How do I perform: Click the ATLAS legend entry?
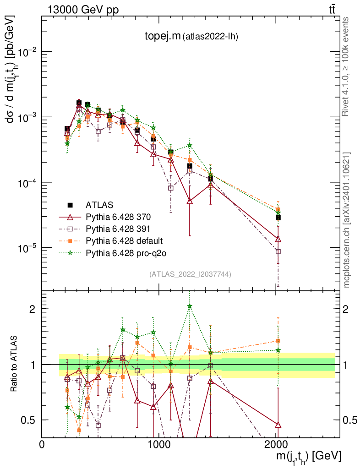[x=99, y=204]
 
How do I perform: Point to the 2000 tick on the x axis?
[x=276, y=444]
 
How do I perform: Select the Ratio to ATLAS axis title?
[x=15, y=365]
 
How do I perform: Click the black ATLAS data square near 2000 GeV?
[x=278, y=218]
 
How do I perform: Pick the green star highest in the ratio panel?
[x=190, y=306]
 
